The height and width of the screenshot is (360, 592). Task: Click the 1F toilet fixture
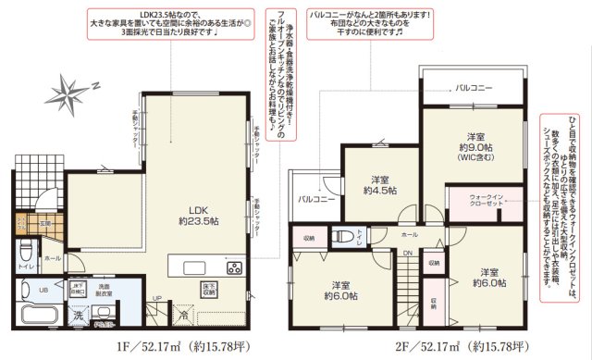coord(25,250)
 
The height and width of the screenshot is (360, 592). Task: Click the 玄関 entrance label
coord(45,223)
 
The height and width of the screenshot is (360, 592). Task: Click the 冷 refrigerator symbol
coord(183,315)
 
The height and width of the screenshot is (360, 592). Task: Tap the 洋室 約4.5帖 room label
coord(379,185)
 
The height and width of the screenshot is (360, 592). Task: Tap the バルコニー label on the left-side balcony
coord(316,199)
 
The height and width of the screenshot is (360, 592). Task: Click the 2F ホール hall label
coord(409,235)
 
